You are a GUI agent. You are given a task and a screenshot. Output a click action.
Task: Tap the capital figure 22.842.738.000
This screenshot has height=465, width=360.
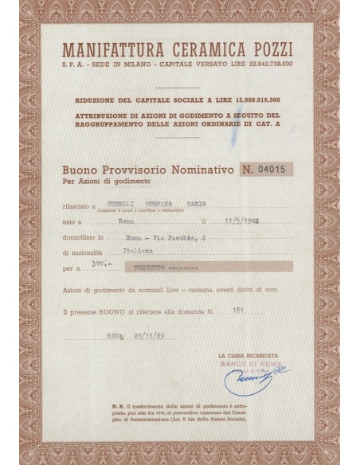click(265, 63)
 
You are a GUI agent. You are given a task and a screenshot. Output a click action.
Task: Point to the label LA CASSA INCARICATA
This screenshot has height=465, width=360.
click(246, 353)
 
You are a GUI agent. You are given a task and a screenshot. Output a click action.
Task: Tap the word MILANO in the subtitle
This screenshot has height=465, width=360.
click(142, 63)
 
